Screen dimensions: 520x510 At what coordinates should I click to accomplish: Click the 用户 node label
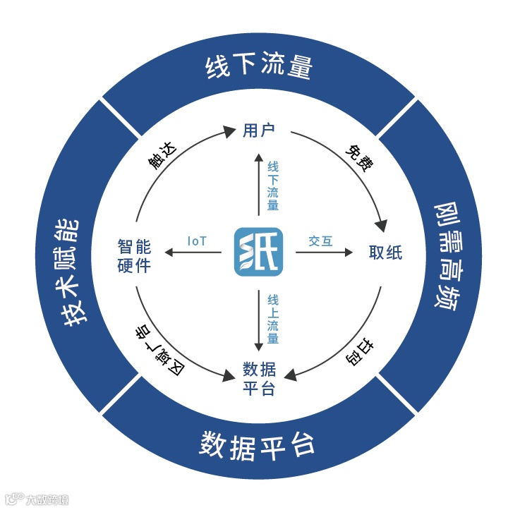coord(258,130)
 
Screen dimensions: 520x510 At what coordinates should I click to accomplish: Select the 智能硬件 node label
coord(134,256)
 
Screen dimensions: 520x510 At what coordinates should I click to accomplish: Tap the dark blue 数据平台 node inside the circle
coord(258,378)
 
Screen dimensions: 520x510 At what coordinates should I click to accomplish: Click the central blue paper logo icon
coord(258,252)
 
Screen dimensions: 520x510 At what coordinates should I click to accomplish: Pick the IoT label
coord(197,241)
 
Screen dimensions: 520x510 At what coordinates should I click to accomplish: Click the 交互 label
coord(320,241)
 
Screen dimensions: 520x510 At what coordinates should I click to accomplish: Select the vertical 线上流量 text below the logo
coord(272,320)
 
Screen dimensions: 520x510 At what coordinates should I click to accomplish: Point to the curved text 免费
coord(358,159)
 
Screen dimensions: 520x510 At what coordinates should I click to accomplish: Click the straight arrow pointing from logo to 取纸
coord(324,252)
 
